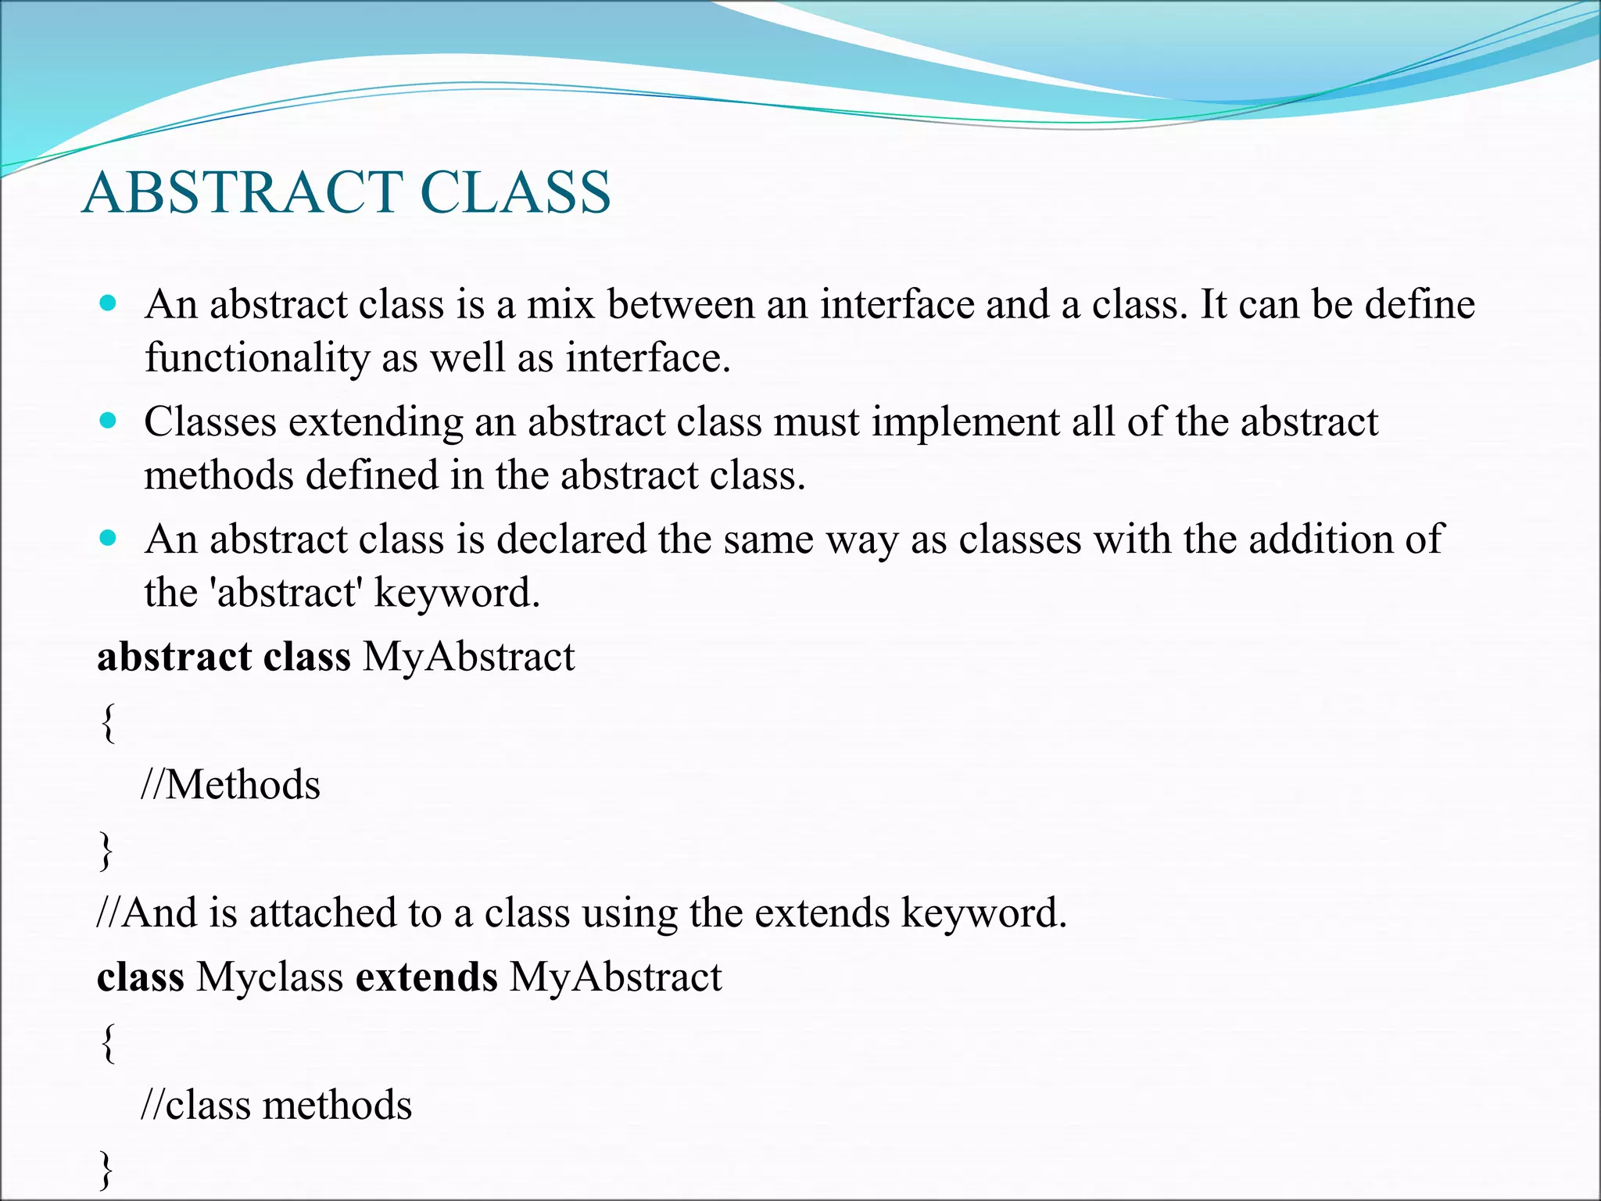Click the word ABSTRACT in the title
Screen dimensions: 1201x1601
tap(243, 193)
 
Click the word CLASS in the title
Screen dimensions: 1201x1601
tap(515, 193)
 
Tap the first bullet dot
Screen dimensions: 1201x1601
tap(109, 303)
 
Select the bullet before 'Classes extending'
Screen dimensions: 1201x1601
tap(109, 421)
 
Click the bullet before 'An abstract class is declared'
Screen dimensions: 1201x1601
tap(109, 539)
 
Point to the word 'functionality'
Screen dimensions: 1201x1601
tap(257, 358)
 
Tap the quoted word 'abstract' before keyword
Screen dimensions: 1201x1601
tap(286, 593)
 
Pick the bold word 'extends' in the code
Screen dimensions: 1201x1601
tap(426, 977)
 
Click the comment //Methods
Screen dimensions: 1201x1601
tap(231, 785)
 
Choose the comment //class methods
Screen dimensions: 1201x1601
tap(276, 1106)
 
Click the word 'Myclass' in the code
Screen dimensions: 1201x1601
tap(270, 977)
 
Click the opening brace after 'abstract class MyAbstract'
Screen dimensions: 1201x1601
tap(109, 722)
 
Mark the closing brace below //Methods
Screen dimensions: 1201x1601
tap(106, 851)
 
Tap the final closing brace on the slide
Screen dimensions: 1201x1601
tap(106, 1170)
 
